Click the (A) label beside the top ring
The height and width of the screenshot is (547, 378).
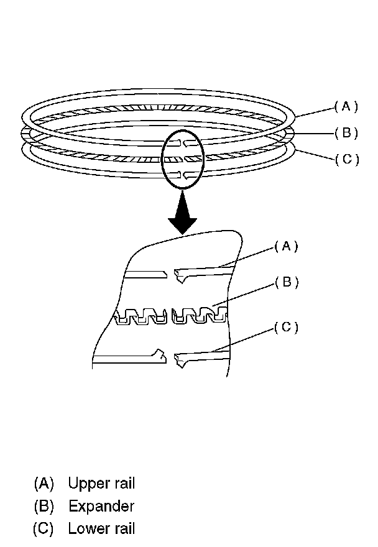pos(346,106)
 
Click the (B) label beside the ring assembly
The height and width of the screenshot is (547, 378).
pos(346,132)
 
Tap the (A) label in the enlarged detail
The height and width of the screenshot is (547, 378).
pos(286,246)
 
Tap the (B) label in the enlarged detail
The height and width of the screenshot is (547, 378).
pos(287,282)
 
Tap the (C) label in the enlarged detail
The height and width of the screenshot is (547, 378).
pos(286,328)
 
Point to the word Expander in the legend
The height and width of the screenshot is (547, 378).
pos(101,506)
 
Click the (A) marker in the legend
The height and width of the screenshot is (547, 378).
pos(45,483)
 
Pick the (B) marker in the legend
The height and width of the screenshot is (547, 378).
pos(45,506)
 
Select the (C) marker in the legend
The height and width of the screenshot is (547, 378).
pos(45,529)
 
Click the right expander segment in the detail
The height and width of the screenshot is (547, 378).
pos(199,315)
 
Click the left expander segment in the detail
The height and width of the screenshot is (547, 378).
pos(142,316)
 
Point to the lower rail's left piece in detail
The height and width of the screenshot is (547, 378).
pos(131,357)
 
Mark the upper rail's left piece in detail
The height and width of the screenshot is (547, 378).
pos(145,273)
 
